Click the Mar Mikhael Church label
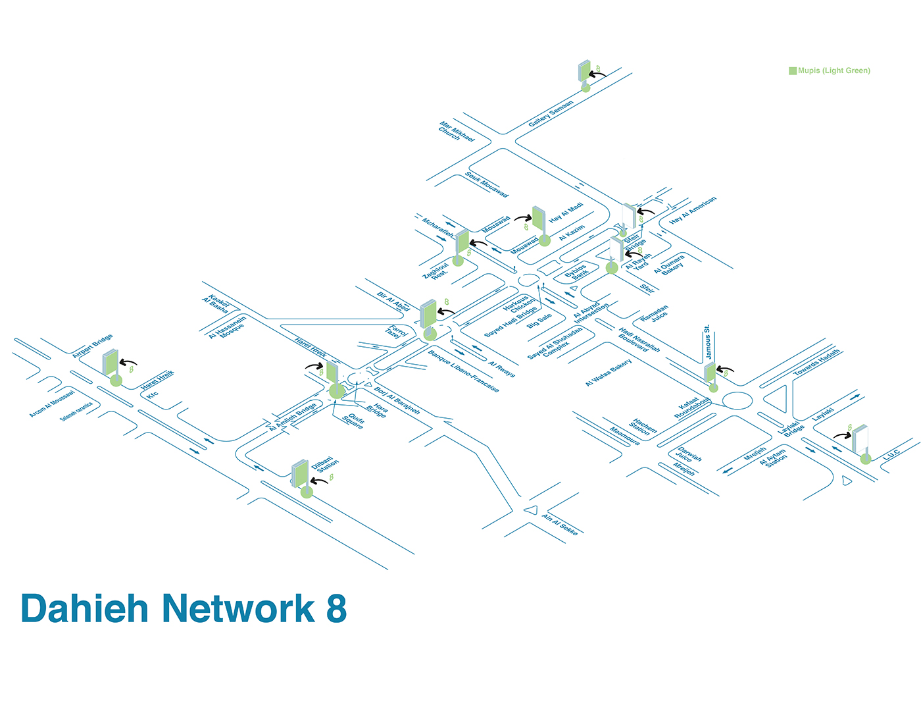pyautogui.click(x=457, y=130)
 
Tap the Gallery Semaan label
pyautogui.click(x=551, y=113)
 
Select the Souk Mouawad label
pyautogui.click(x=487, y=184)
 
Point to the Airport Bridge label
pyautogui.click(x=92, y=346)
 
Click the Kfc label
pyautogui.click(x=153, y=394)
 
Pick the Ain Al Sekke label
pyautogui.click(x=560, y=524)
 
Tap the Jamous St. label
pyautogui.click(x=708, y=342)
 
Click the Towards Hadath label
pyautogui.click(x=816, y=363)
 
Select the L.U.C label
pyautogui.click(x=891, y=455)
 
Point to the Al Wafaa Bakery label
pyautogui.click(x=609, y=373)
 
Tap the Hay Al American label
pyautogui.click(x=693, y=210)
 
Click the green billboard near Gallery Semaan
pyautogui.click(x=584, y=71)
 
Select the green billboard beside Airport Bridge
pyautogui.click(x=110, y=362)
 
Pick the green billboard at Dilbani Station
pyautogui.click(x=300, y=473)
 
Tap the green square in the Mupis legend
pyautogui.click(x=793, y=70)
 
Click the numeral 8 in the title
pyautogui.click(x=336, y=608)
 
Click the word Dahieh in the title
pyautogui.click(x=85, y=608)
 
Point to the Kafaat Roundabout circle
pyautogui.click(x=737, y=400)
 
